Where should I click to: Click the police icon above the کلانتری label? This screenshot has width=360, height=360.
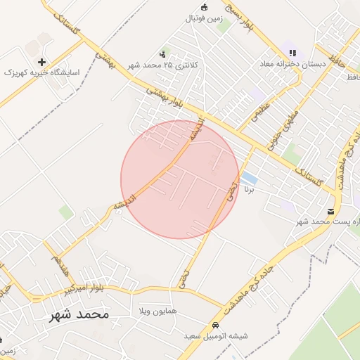pos(164,53)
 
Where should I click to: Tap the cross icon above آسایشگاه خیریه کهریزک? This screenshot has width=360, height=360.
pos(43,62)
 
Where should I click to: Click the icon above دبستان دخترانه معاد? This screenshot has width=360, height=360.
pos(292,51)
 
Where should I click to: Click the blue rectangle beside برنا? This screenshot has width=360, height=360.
pos(249,177)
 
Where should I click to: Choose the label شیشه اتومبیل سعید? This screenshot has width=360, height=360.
pos(214,337)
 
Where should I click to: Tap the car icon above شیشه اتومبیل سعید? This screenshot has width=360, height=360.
pos(214,326)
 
